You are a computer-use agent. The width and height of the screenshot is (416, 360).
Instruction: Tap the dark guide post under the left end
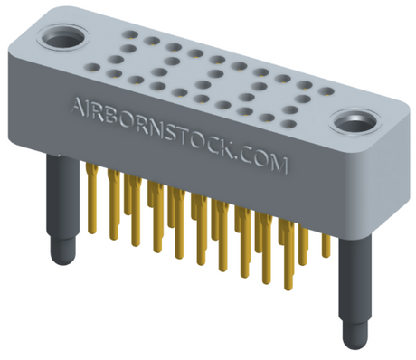pyautogui.click(x=60, y=207)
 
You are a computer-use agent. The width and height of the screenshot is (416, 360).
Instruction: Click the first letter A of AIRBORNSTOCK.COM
pyautogui.click(x=78, y=106)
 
